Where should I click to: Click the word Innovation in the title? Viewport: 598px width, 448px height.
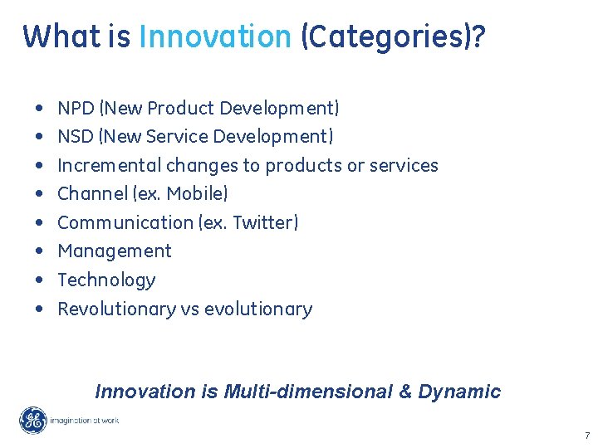(215, 37)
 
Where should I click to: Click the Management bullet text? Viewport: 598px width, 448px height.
(115, 251)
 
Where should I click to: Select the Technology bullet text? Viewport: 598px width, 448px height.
(106, 280)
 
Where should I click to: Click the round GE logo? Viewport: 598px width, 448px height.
(33, 421)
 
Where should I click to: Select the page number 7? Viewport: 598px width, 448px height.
(586, 436)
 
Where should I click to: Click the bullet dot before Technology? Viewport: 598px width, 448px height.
(40, 280)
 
